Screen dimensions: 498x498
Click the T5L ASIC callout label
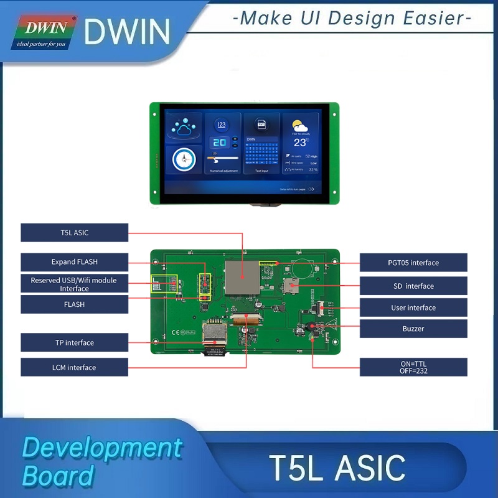(x=74, y=233)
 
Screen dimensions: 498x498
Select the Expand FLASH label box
(x=74, y=262)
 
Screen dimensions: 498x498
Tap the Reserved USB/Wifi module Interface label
(x=74, y=284)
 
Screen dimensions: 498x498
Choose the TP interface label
(x=74, y=342)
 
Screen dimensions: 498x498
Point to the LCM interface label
(x=74, y=367)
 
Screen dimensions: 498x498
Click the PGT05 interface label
(x=413, y=263)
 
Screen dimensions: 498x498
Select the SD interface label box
(x=413, y=286)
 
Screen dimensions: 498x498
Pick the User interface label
(x=413, y=308)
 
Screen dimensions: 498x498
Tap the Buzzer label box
(x=413, y=329)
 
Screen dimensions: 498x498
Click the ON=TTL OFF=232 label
(x=413, y=367)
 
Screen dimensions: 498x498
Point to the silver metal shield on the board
(x=242, y=277)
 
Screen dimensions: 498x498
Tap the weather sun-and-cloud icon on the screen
(x=300, y=125)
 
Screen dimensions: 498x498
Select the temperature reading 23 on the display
(x=300, y=143)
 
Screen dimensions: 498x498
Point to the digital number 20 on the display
(x=219, y=142)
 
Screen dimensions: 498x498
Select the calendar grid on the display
(x=261, y=153)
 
